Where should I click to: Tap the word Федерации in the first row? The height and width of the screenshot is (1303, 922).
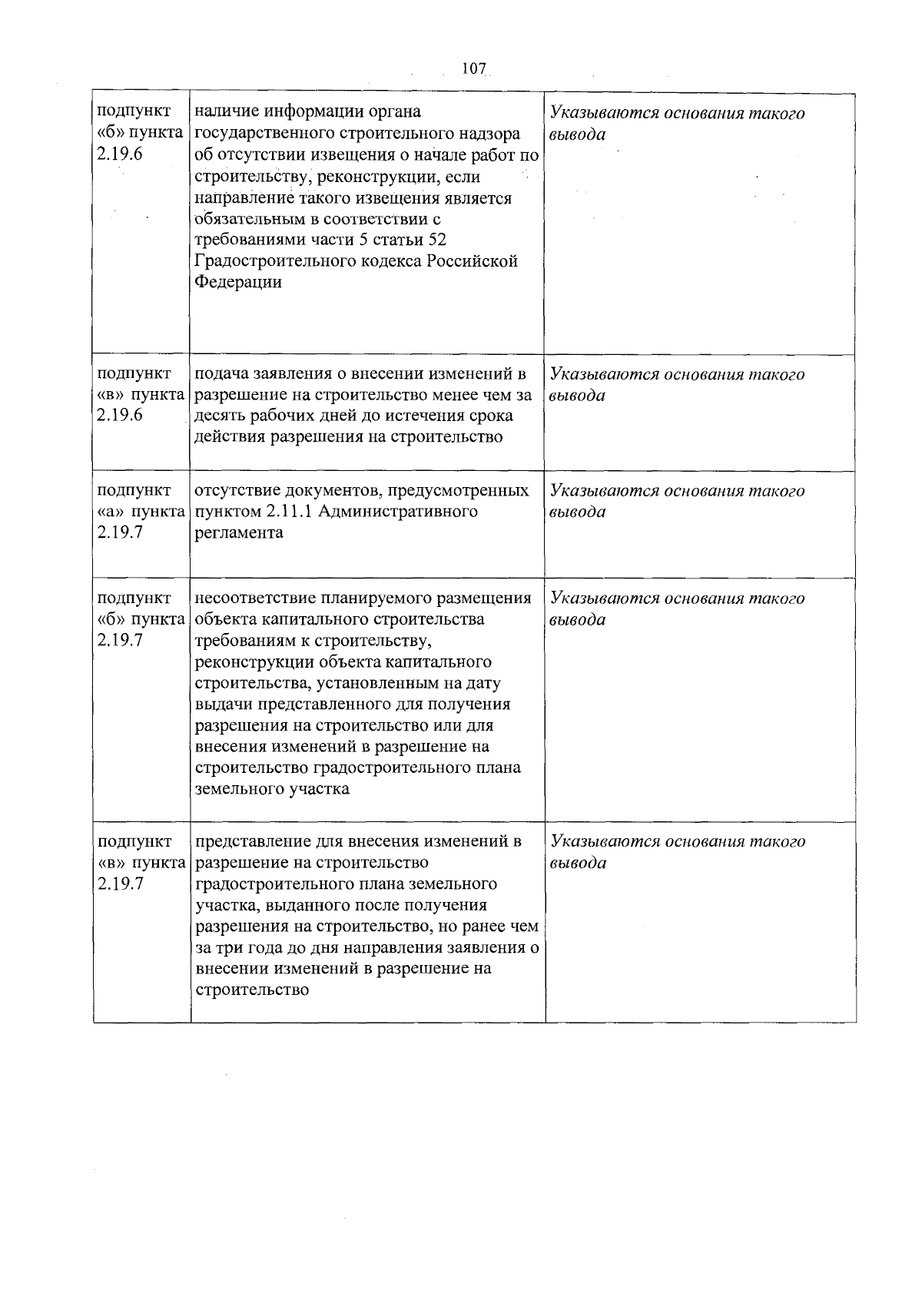[238, 282]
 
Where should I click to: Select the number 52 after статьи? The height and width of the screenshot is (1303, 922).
[436, 240]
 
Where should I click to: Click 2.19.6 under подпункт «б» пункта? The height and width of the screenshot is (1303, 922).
[121, 154]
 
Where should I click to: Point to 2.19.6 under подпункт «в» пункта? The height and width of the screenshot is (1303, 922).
[121, 416]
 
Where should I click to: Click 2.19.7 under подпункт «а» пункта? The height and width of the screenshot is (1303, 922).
[121, 532]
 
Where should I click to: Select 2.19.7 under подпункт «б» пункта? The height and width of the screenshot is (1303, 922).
[121, 640]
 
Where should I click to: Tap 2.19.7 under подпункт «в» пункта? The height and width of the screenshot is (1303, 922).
[121, 884]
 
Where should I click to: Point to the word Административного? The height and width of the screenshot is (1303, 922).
[395, 511]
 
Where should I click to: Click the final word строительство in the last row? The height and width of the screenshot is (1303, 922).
[253, 990]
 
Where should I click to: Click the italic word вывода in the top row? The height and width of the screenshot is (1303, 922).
[578, 134]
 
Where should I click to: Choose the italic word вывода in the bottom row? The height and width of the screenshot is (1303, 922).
[578, 863]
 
